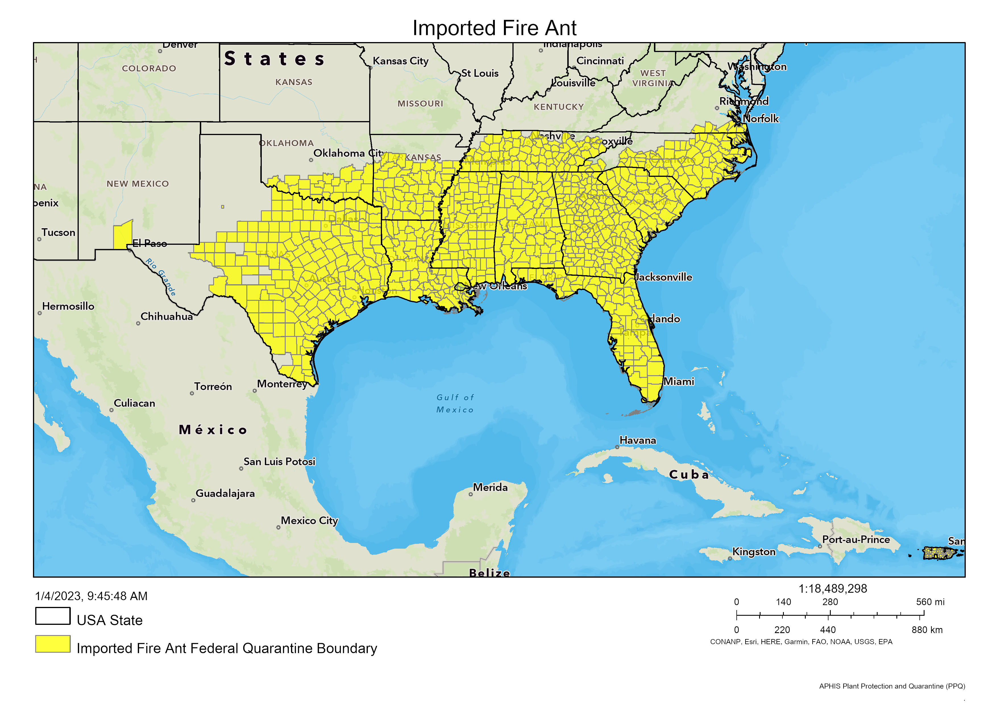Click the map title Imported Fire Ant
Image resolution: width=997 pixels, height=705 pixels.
[494, 28]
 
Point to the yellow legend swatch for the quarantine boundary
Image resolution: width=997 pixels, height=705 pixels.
[53, 644]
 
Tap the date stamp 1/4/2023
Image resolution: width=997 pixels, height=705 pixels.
[91, 596]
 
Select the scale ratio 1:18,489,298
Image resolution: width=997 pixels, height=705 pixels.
[832, 588]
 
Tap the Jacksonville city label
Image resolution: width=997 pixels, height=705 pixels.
[664, 277]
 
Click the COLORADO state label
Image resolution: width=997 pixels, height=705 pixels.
[149, 69]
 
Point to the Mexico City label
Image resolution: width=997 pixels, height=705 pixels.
[309, 521]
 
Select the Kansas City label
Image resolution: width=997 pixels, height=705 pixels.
[400, 61]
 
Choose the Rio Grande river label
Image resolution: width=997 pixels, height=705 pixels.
[161, 277]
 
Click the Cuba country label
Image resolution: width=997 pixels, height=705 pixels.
[689, 474]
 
